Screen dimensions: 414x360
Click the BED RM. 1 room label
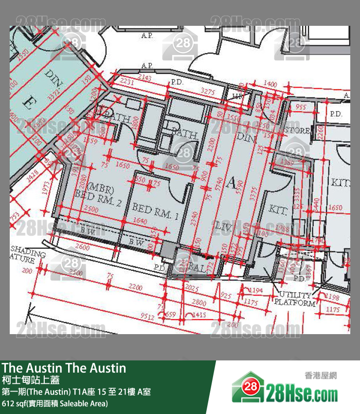(155, 211)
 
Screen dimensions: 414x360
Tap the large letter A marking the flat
(232, 184)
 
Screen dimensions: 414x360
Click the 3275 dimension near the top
(208, 91)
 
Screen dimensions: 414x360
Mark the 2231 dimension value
(127, 82)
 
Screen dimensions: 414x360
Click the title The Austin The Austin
(64, 368)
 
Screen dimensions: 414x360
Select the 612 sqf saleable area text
(54, 403)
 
